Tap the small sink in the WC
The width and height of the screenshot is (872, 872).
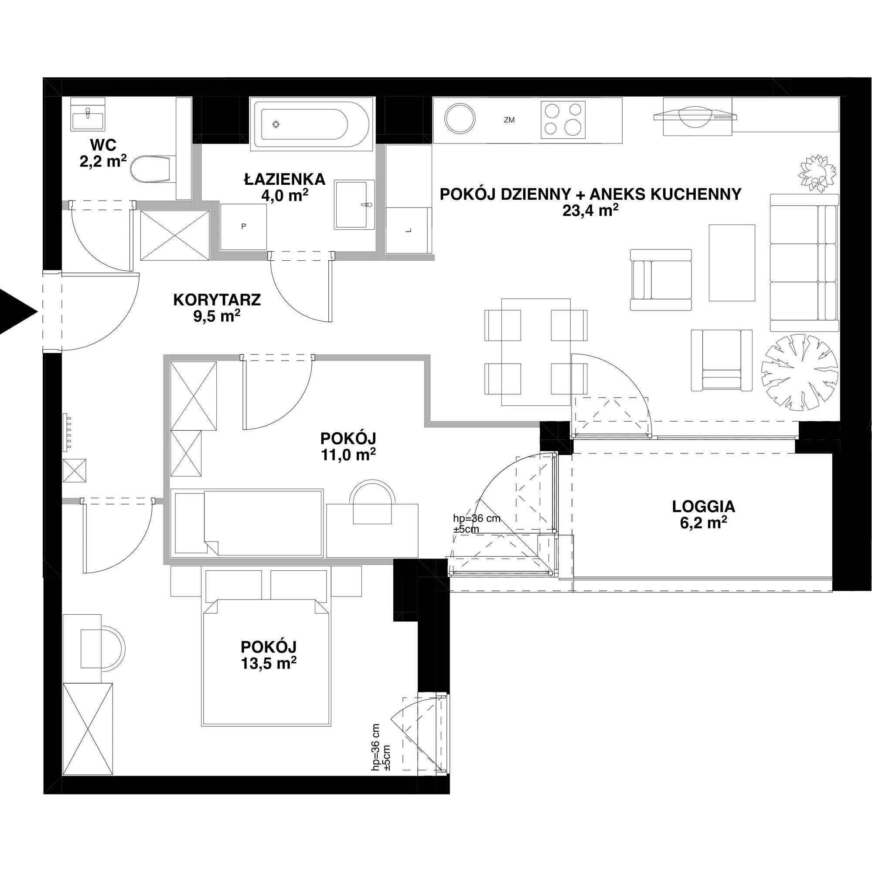click(x=88, y=119)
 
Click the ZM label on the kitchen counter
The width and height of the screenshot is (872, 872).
click(x=509, y=120)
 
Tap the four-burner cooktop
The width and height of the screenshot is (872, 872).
click(x=563, y=119)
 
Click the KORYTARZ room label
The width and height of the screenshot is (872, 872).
click(x=217, y=300)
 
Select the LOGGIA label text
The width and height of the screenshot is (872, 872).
click(x=704, y=506)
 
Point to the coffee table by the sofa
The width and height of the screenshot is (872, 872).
click(x=732, y=262)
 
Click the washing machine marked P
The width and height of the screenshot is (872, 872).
click(x=243, y=227)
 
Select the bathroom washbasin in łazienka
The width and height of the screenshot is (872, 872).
click(x=354, y=204)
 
